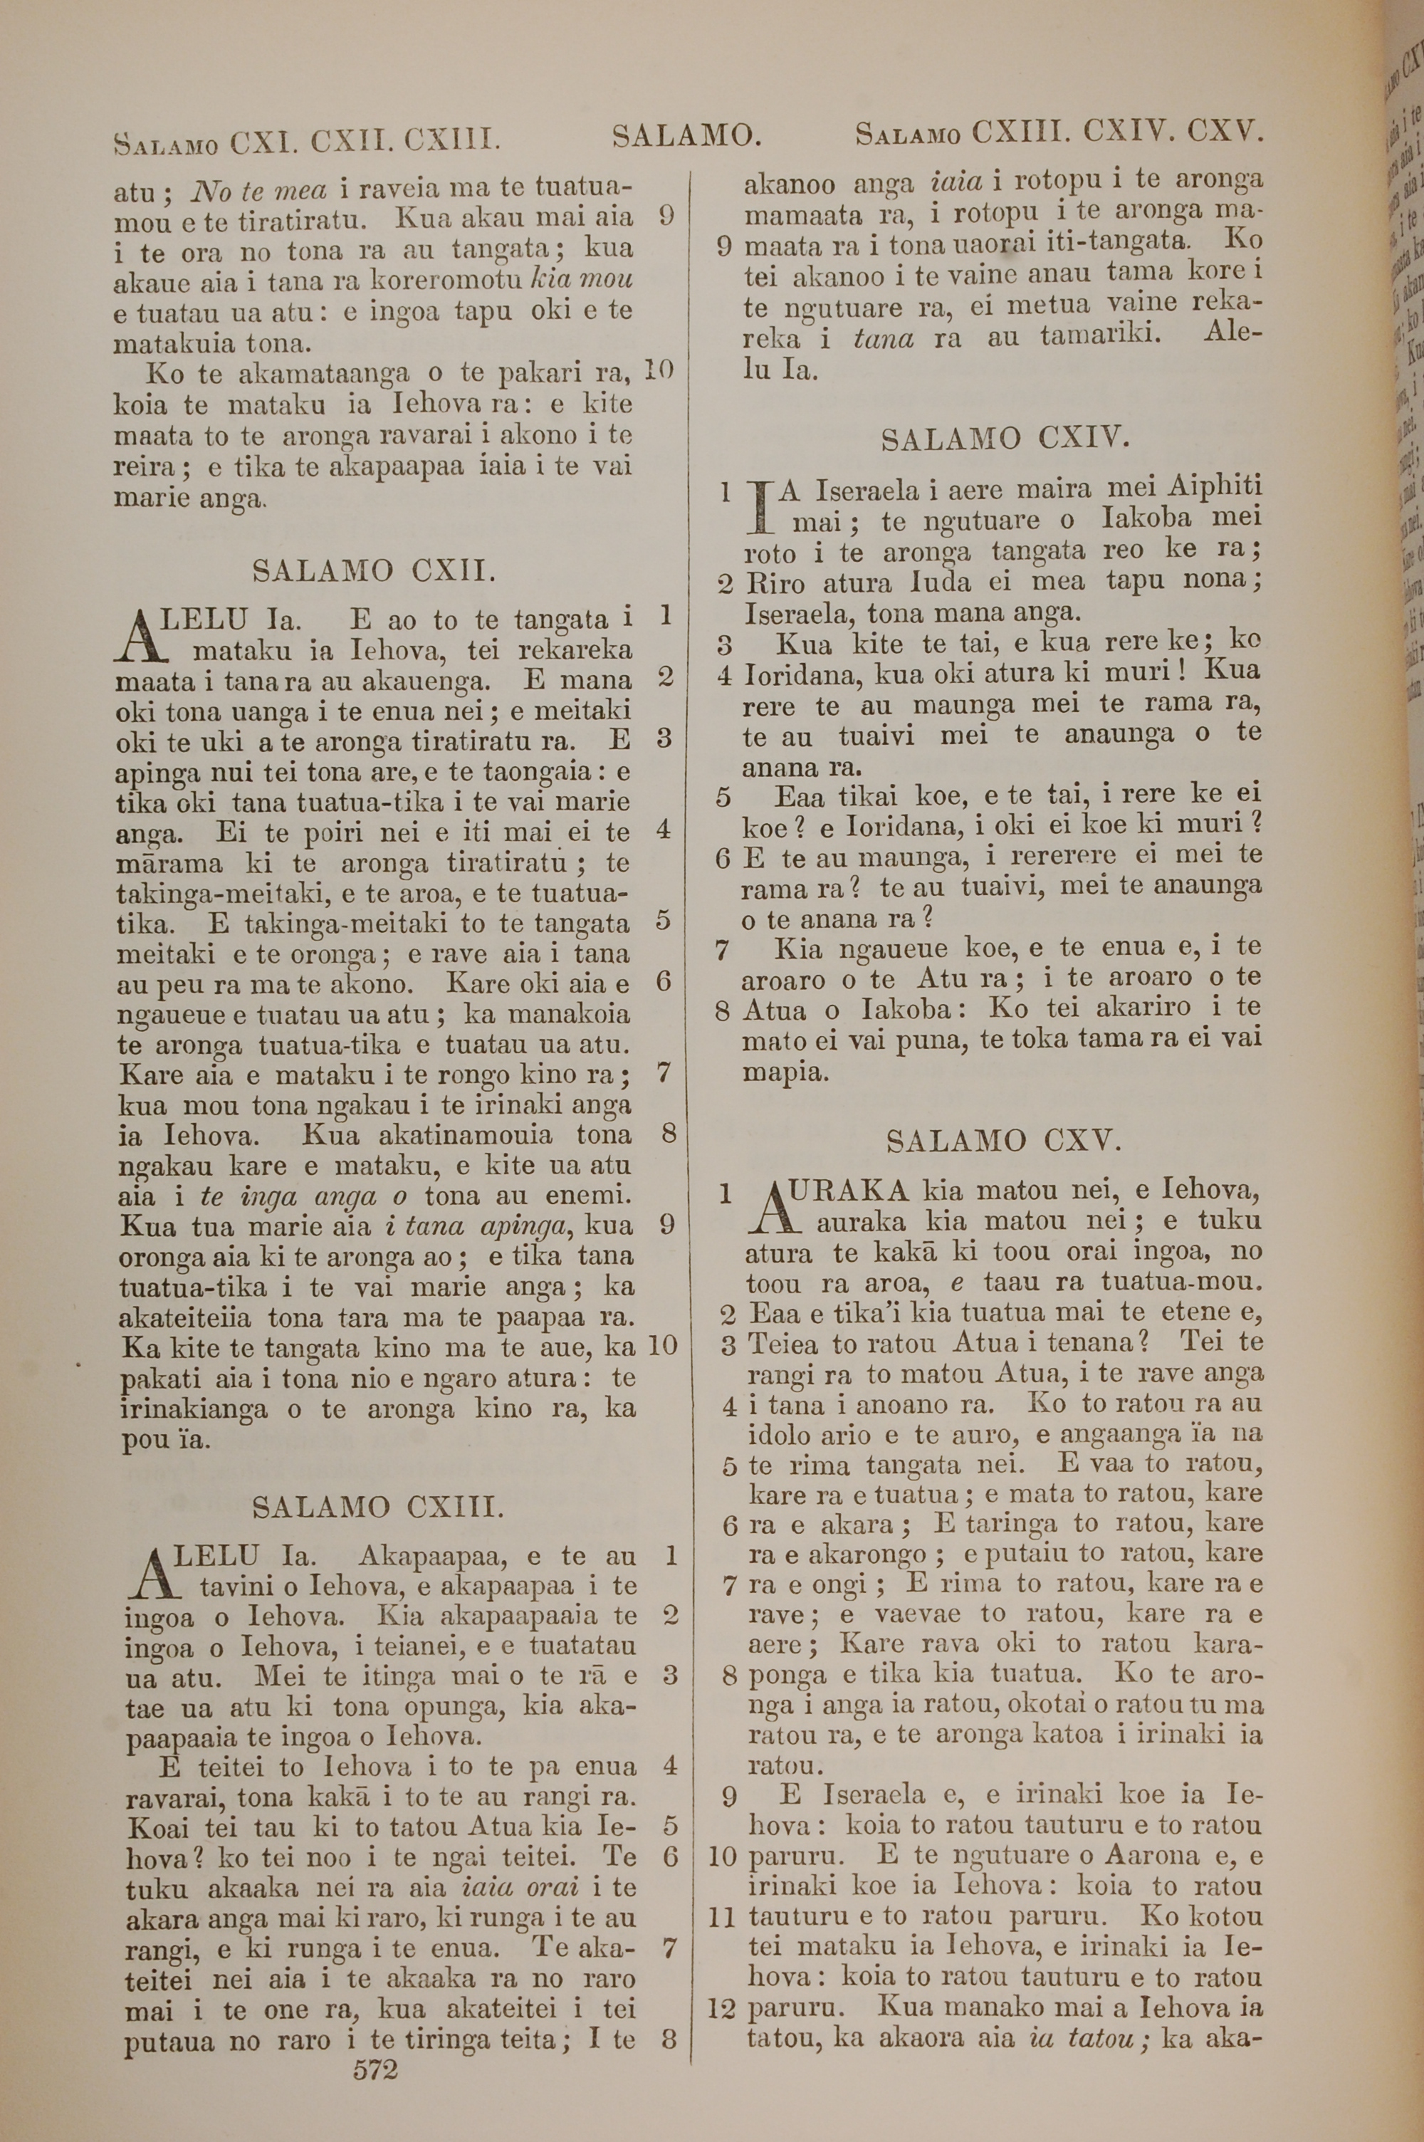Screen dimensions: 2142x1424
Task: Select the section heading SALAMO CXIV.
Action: (x=1005, y=440)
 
